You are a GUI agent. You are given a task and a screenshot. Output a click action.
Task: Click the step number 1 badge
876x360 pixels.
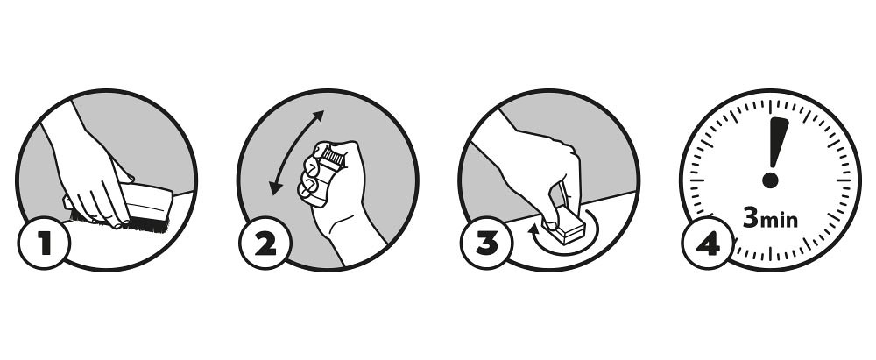click(44, 244)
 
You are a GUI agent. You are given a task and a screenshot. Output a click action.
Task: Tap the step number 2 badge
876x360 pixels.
click(265, 244)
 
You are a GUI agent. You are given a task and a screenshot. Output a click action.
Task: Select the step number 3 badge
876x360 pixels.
click(486, 244)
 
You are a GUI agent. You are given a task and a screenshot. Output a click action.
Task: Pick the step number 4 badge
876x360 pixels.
click(707, 244)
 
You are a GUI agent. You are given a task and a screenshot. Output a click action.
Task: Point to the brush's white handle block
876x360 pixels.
click(146, 201)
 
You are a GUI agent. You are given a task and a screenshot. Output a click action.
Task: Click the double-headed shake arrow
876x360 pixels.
click(295, 152)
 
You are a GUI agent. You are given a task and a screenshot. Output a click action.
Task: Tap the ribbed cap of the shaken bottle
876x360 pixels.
click(333, 155)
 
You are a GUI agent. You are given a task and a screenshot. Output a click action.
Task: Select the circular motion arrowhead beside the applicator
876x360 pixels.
click(536, 228)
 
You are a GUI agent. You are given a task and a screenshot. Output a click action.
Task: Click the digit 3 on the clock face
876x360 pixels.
click(751, 218)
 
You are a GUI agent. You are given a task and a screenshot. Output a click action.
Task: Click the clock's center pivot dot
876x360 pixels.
click(770, 180)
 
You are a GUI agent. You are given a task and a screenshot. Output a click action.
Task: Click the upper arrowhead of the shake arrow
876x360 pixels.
click(319, 116)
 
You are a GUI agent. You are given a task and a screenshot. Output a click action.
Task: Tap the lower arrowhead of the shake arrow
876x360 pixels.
click(275, 188)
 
